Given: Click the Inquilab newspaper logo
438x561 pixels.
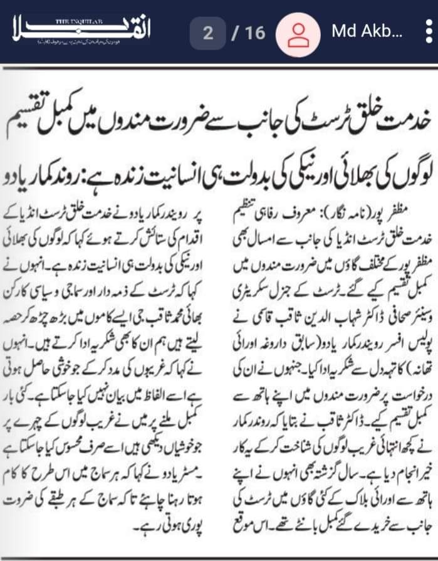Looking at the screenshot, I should click(x=80, y=30).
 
